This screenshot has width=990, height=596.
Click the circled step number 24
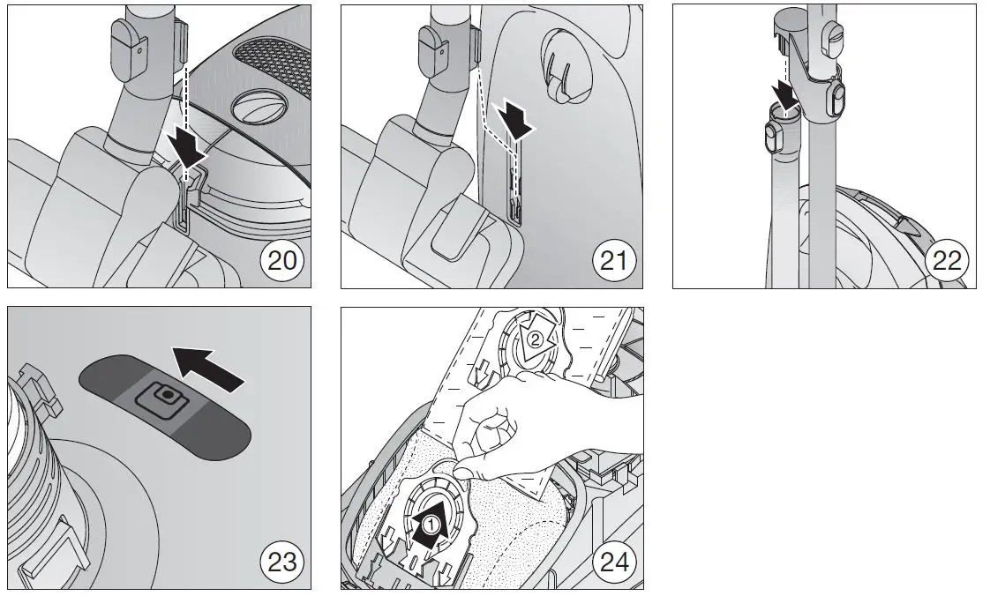click(612, 561)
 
